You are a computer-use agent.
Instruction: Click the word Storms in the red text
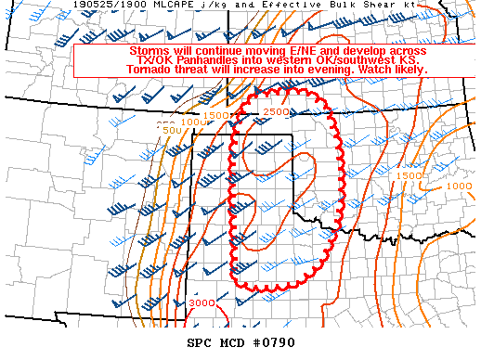[149, 50]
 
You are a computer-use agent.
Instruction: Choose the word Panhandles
[205, 59]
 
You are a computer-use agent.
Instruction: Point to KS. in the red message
[410, 59]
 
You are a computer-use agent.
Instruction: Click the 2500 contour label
[275, 112]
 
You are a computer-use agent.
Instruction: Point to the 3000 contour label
[201, 303]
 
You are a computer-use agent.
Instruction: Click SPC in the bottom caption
[200, 342]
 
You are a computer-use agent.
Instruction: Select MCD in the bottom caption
[236, 342]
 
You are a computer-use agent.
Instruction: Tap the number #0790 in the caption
[276, 342]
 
